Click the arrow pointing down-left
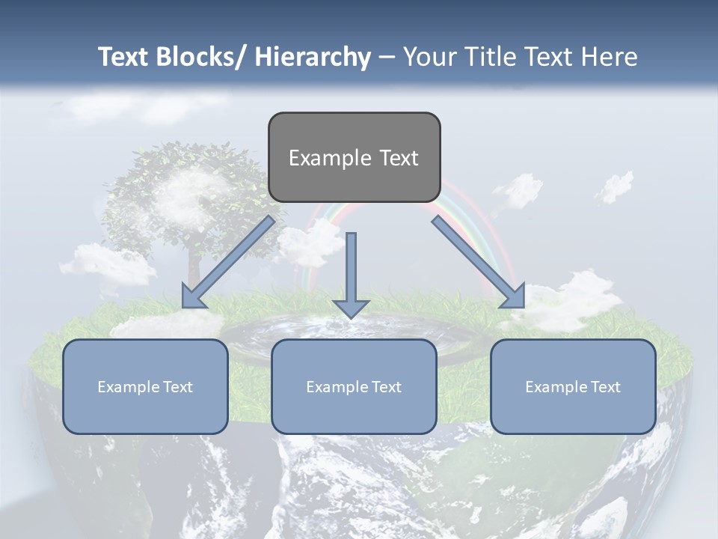[228, 262]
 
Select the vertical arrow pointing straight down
[351, 273]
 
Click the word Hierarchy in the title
[313, 57]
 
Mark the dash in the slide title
[387, 57]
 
